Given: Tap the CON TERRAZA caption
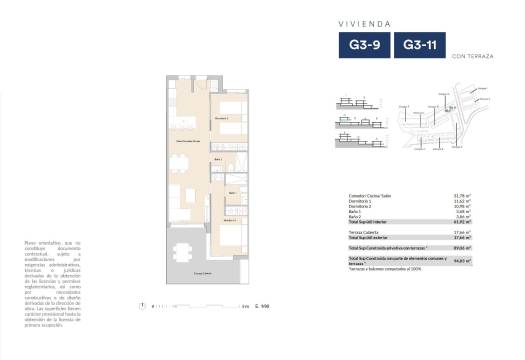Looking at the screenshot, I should tap(468, 56).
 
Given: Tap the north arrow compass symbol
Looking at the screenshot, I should tap(143, 305).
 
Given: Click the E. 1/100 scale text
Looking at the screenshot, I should tap(262, 306).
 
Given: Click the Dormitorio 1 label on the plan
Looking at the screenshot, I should tap(223, 118).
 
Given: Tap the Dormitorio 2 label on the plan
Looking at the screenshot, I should tap(229, 219).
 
